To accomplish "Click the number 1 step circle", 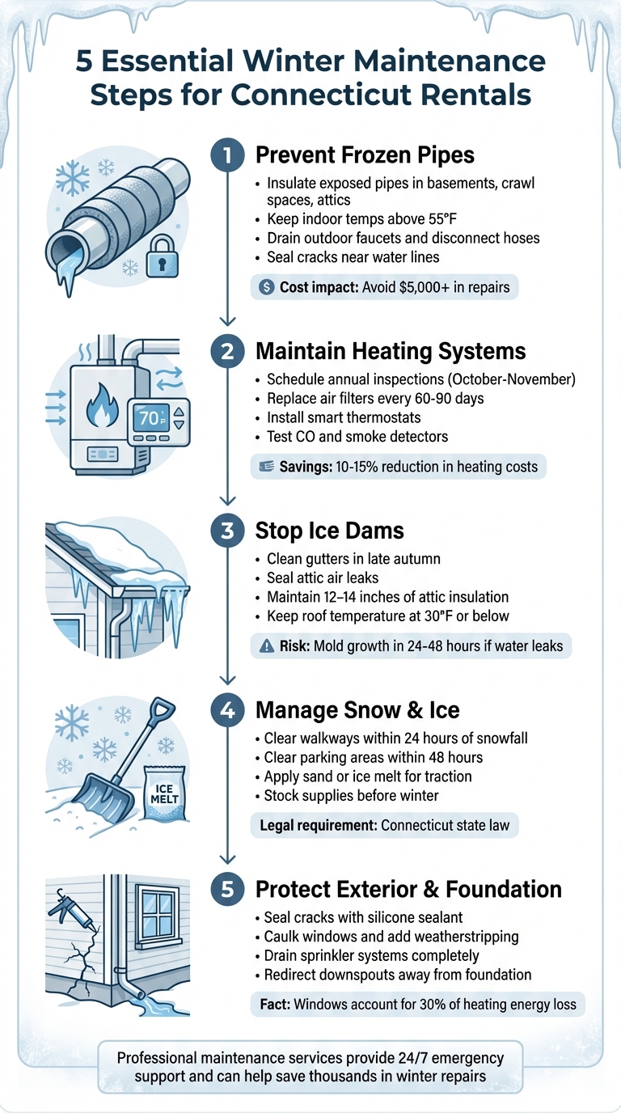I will pos(227,154).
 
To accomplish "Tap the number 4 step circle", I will pos(227,709).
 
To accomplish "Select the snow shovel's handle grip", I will pos(163,709).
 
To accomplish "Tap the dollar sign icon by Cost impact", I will pos(268,287).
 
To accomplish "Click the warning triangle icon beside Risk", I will pos(267,645).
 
